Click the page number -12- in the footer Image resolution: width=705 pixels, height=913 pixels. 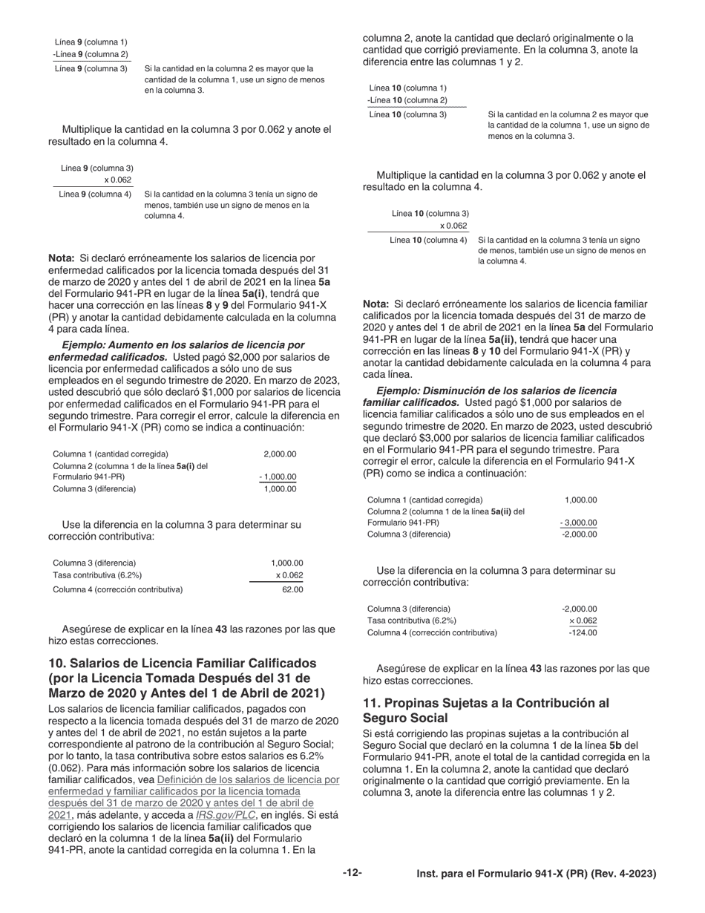[352, 874]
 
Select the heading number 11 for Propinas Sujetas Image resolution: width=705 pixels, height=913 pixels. [370, 702]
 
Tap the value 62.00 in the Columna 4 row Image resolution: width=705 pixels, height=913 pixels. [292, 589]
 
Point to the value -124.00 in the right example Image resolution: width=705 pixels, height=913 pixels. [582, 632]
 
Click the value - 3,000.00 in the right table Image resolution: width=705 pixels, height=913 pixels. [578, 523]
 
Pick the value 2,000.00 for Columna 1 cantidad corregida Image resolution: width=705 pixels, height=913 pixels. [280, 454]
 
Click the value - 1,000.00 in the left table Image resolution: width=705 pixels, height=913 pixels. [278, 477]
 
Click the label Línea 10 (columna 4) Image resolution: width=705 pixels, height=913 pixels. [428, 240]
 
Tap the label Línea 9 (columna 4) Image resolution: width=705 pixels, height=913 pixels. [95, 194]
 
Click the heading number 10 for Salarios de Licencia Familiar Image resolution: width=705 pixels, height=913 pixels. [57, 663]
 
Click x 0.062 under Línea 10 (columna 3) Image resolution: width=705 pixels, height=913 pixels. [453, 226]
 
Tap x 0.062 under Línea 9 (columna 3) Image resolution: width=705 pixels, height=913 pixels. [117, 180]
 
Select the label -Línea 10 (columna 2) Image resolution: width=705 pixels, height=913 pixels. [407, 100]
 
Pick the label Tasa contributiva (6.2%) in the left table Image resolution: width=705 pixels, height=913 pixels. [97, 575]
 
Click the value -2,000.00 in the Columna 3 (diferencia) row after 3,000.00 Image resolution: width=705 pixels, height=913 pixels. [580, 534]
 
